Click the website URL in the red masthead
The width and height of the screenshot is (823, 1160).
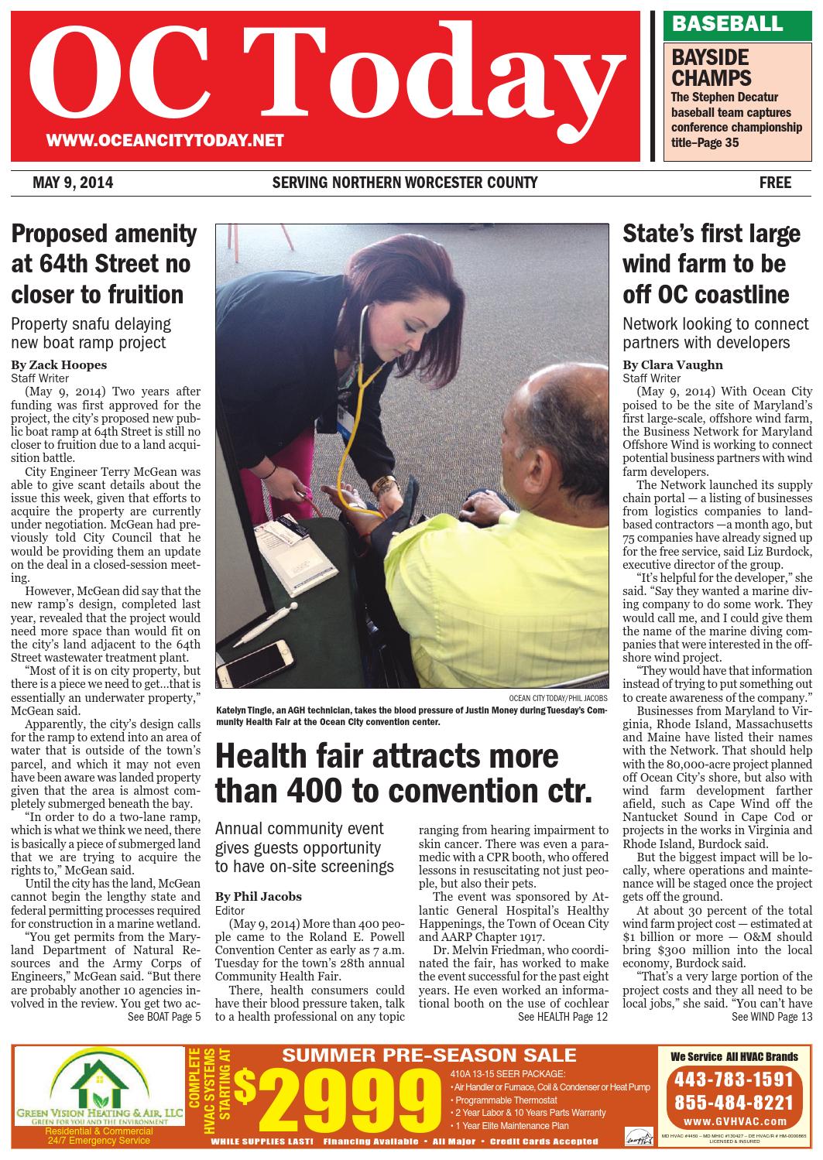click(165, 141)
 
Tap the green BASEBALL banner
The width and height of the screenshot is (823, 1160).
click(727, 24)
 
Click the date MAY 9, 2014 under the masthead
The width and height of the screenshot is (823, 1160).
click(73, 183)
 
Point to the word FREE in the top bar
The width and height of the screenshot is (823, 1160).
click(775, 183)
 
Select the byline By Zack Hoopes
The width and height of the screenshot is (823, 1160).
click(59, 364)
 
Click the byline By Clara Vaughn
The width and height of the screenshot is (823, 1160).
click(673, 364)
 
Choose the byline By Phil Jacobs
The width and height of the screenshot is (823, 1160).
click(259, 897)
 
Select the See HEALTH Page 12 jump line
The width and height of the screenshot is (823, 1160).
click(563, 1016)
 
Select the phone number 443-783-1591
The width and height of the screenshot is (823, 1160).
click(734, 1078)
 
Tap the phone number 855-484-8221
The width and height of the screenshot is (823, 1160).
click(734, 1102)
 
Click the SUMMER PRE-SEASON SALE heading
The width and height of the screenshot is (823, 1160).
click(429, 1056)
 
